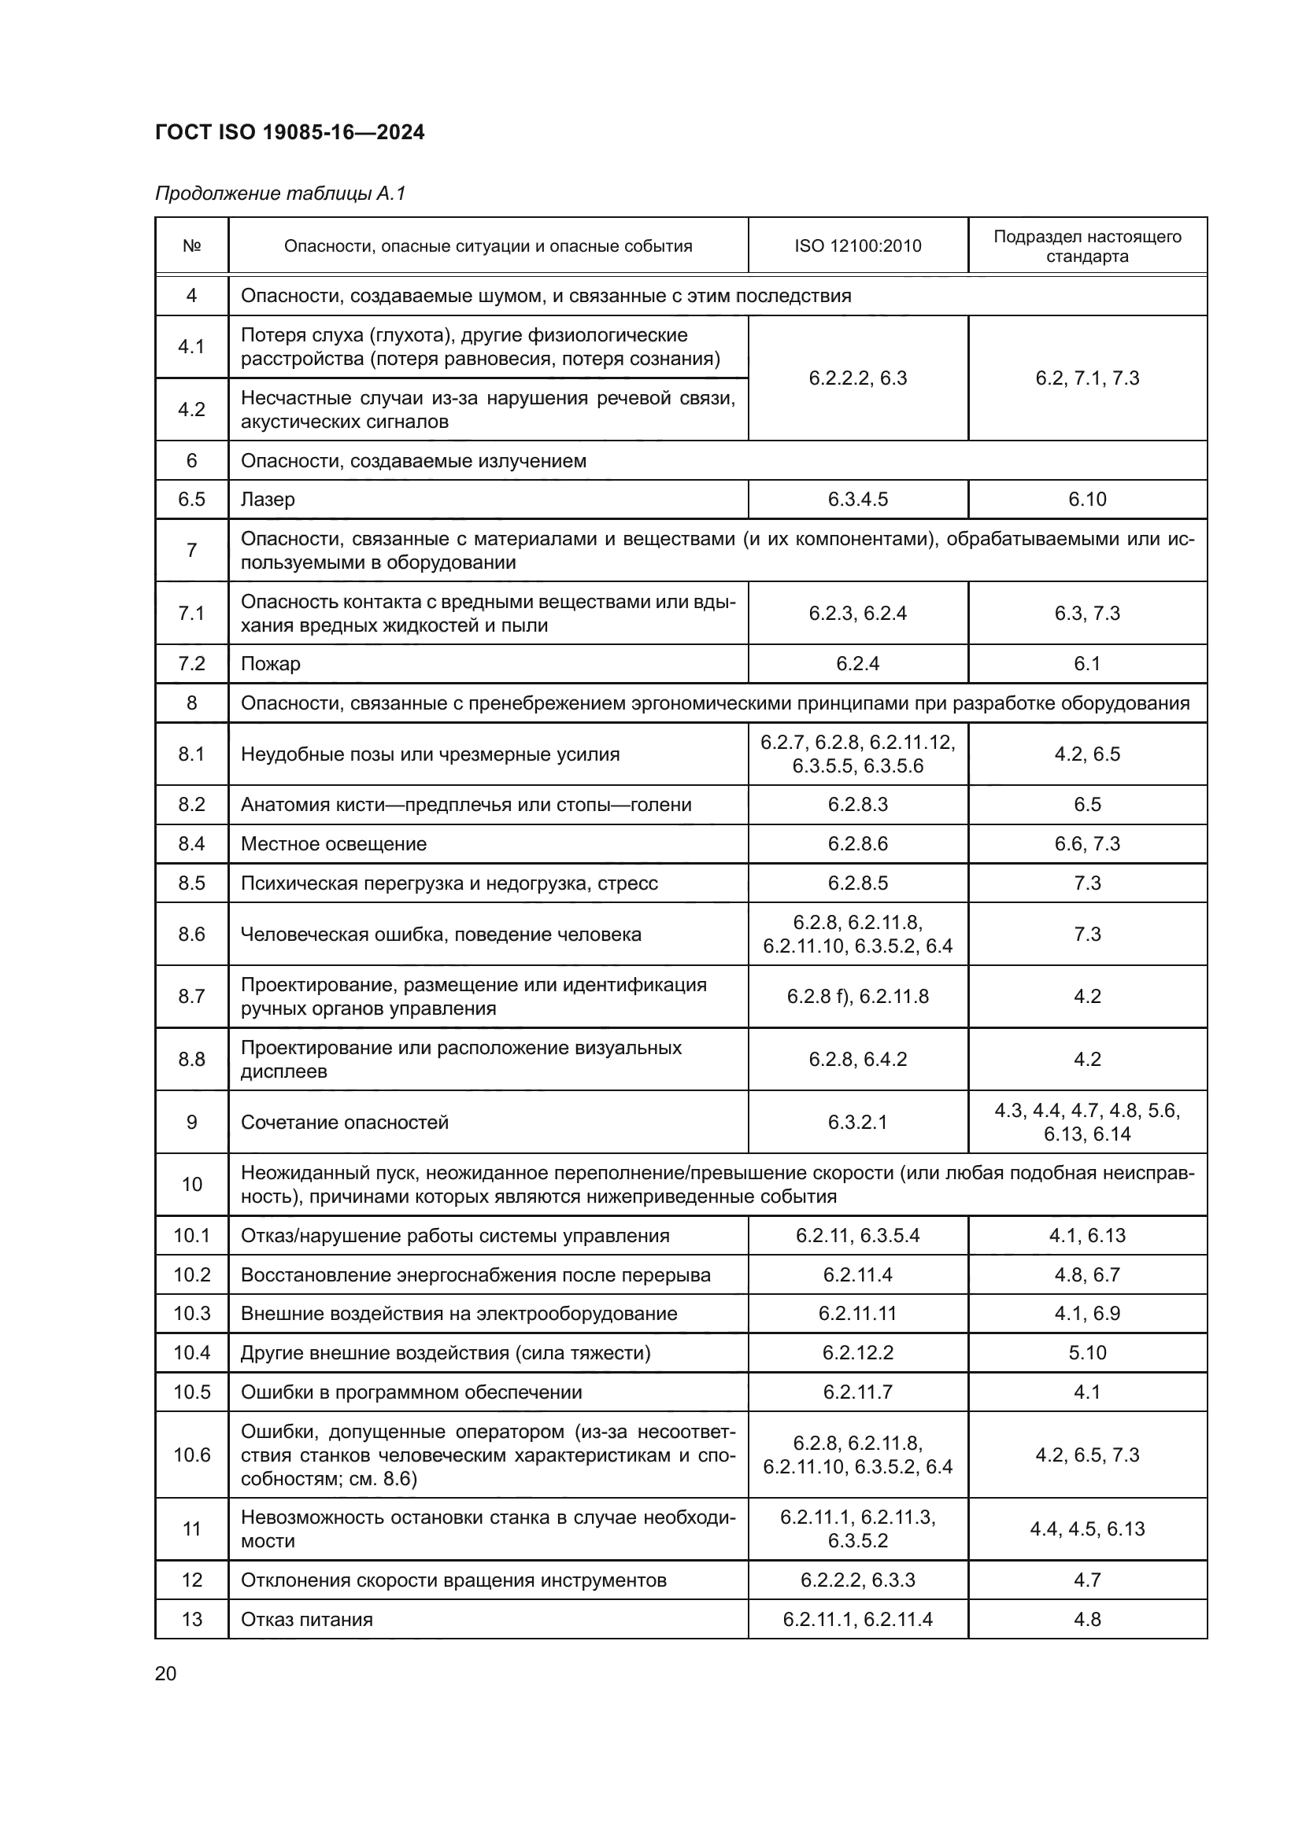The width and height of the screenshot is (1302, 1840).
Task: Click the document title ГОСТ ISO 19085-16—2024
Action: (x=290, y=133)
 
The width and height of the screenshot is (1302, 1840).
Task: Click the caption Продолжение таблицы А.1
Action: (x=279, y=194)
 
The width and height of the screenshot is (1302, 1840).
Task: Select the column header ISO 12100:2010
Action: (x=857, y=246)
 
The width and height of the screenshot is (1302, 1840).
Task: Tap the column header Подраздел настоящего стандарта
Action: (x=1087, y=246)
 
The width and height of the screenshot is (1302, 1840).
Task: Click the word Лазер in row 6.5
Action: (x=268, y=500)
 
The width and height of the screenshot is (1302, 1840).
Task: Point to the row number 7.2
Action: (x=191, y=664)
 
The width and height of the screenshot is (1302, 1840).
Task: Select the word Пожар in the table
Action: (x=270, y=664)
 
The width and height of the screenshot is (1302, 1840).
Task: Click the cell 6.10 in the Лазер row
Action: (x=1087, y=500)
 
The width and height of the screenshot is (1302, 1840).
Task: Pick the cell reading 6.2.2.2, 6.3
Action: (x=857, y=378)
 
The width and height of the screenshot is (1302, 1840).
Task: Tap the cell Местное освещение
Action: (x=334, y=844)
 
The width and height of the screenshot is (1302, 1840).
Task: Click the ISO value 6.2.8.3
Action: (x=857, y=805)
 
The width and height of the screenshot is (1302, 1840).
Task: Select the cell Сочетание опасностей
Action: (x=344, y=1122)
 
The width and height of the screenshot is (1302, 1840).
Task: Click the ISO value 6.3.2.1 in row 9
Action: (x=857, y=1122)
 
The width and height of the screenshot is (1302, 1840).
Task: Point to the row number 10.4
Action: (x=191, y=1353)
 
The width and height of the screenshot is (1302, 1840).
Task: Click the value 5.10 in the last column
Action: (x=1087, y=1353)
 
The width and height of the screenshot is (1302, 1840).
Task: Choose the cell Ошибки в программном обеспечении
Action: (x=411, y=1392)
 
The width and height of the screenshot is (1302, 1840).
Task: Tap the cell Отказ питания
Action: (x=306, y=1619)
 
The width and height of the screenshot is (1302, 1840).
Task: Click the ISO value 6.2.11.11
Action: (x=857, y=1314)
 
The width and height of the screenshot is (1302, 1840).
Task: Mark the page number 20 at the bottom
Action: (x=165, y=1673)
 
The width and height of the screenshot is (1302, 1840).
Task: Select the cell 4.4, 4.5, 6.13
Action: (x=1087, y=1528)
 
